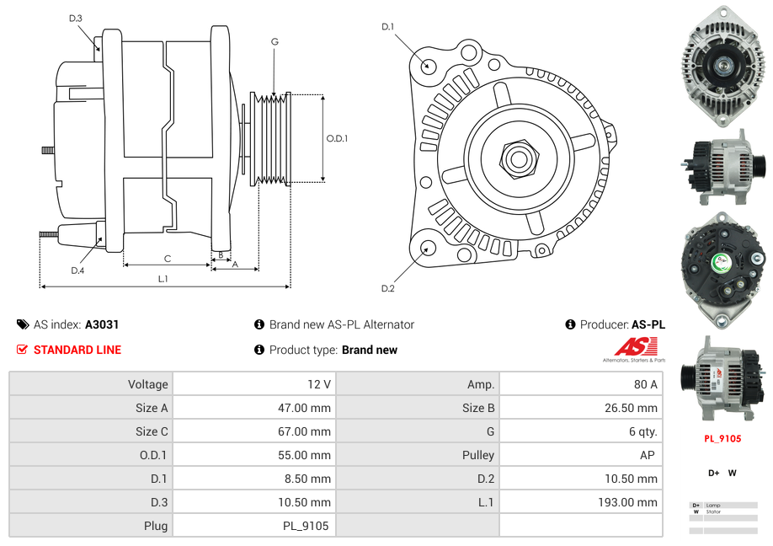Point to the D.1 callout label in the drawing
[387, 27]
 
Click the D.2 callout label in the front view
[387, 289]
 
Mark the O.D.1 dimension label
[337, 138]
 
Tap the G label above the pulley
[275, 41]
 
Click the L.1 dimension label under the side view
[163, 279]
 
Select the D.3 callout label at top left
[76, 18]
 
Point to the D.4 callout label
[77, 270]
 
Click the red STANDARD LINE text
[77, 350]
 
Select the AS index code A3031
[102, 324]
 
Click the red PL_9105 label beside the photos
[722, 438]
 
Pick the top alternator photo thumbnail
[722, 65]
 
